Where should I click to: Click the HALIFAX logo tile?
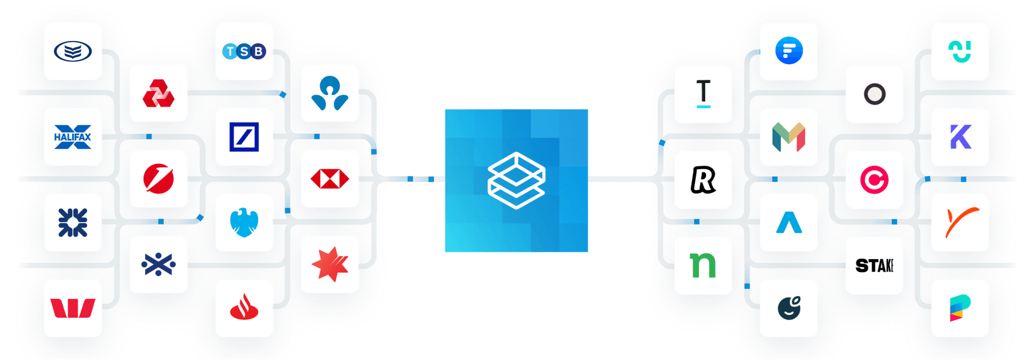[73, 137]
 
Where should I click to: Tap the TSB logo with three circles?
[244, 51]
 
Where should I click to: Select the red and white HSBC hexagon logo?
[330, 179]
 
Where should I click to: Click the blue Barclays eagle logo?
[244, 223]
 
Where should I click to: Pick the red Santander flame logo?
[244, 308]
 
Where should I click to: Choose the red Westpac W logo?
[73, 308]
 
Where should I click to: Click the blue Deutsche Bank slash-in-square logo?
[244, 137]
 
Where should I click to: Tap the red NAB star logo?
[330, 265]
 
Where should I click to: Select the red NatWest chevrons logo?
[158, 93]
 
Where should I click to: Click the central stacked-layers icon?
[516, 181]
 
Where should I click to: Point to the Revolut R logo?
[703, 179]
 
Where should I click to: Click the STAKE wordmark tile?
[874, 265]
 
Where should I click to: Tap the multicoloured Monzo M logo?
[789, 137]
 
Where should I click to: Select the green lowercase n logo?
[703, 265]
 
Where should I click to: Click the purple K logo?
[960, 137]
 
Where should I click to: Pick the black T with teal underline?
[703, 94]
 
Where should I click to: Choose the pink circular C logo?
[874, 179]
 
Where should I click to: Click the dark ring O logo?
[874, 94]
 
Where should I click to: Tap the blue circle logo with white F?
[789, 51]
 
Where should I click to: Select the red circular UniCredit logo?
[158, 179]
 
